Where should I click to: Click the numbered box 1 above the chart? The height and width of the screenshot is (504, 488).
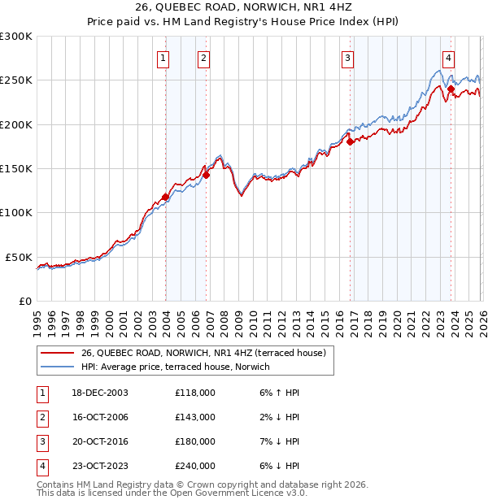pyautogui.click(x=163, y=58)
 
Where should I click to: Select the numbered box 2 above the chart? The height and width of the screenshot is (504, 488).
pyautogui.click(x=203, y=58)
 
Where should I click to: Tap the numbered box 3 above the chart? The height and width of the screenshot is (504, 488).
pyautogui.click(x=347, y=58)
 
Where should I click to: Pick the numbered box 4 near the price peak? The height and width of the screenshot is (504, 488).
pyautogui.click(x=448, y=58)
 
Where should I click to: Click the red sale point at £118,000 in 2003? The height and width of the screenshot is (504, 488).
pyautogui.click(x=165, y=197)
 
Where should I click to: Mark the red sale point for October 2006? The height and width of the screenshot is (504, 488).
pyautogui.click(x=207, y=175)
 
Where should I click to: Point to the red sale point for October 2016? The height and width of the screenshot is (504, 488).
pyautogui.click(x=351, y=141)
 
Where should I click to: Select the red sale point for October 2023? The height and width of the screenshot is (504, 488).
pyautogui.click(x=451, y=89)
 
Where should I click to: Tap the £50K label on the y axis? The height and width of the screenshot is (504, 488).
pyautogui.click(x=18, y=257)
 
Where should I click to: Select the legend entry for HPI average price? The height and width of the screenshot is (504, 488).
pyautogui.click(x=181, y=367)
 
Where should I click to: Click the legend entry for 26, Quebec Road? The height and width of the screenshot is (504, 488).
pyautogui.click(x=203, y=353)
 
